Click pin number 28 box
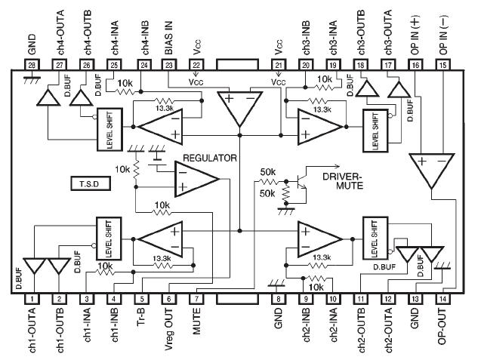click(32, 66)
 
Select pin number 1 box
click(32, 299)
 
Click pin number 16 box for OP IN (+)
click(415, 66)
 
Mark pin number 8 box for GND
click(279, 299)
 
